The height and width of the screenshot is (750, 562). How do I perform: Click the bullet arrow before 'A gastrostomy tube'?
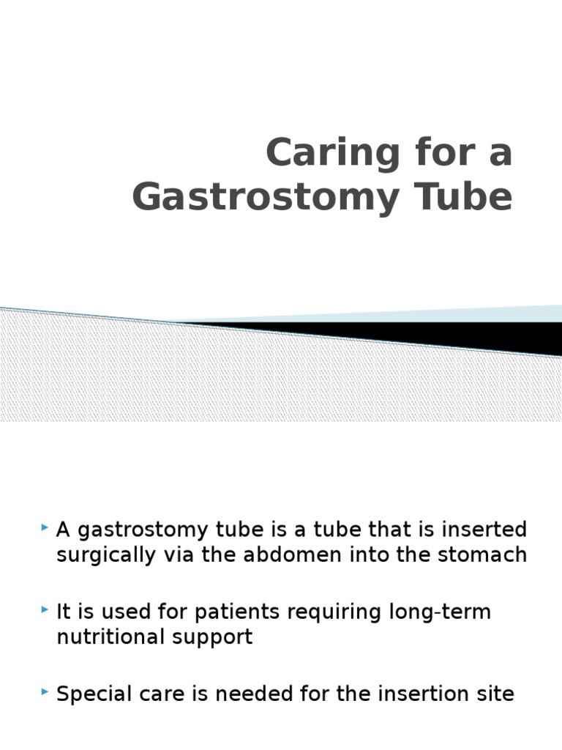coord(45,527)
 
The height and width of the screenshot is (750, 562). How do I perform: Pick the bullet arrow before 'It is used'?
coord(45,609)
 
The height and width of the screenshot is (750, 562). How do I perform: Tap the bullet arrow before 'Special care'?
coord(45,691)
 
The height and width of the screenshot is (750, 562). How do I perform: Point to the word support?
coord(212,637)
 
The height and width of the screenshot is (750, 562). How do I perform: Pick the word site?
coord(495,694)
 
